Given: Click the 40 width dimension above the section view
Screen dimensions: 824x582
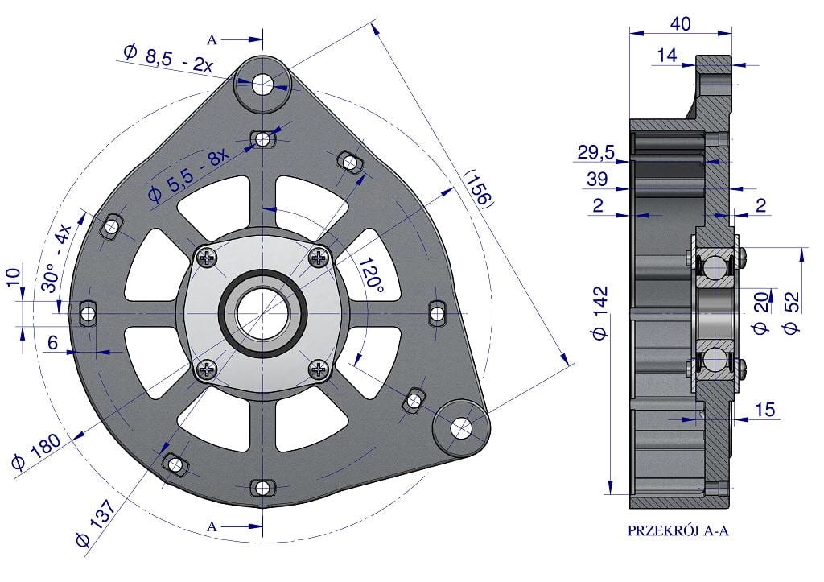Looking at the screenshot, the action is tap(681, 23).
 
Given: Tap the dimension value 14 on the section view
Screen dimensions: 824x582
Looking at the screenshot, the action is tap(667, 56).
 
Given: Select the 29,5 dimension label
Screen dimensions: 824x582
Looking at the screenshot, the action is tap(596, 152).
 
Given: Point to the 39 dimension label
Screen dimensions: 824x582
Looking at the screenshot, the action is tap(597, 180).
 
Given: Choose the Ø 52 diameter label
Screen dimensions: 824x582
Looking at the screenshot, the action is tap(792, 312).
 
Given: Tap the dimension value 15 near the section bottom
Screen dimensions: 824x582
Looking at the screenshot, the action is tap(764, 410).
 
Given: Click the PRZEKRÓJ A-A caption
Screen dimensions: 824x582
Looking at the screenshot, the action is tap(678, 530).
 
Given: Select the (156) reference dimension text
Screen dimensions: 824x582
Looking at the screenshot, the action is tap(479, 188).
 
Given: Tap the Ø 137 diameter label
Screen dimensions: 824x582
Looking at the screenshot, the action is tap(96, 523).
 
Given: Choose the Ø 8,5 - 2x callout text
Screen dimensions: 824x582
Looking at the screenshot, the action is tap(168, 58).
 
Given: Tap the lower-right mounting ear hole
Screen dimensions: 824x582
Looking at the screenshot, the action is tap(461, 428).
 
